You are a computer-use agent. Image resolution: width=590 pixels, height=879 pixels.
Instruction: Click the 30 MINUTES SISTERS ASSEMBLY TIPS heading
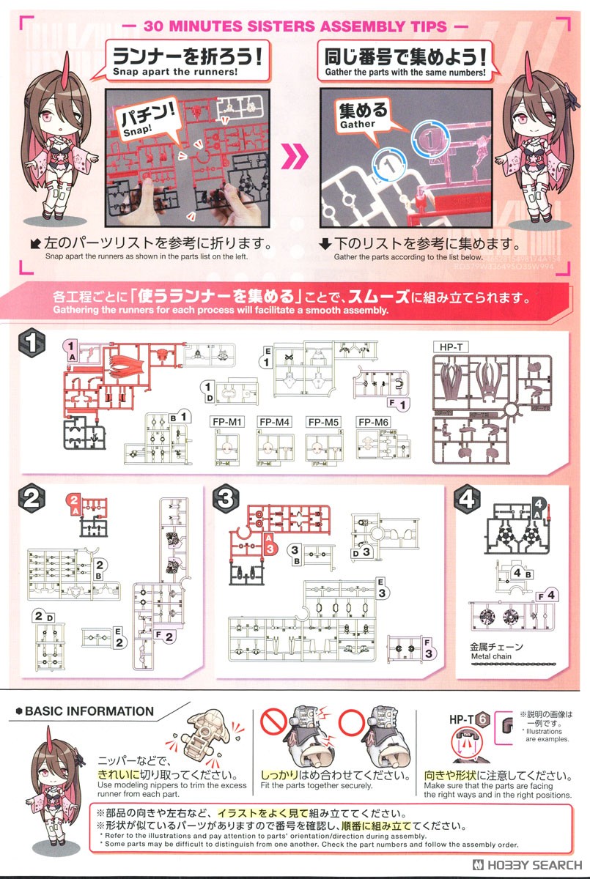pyautogui.click(x=295, y=26)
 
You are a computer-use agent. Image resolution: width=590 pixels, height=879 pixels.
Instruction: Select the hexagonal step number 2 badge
pyautogui.click(x=32, y=499)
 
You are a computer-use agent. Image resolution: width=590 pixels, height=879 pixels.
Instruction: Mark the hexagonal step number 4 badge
pyautogui.click(x=467, y=499)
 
